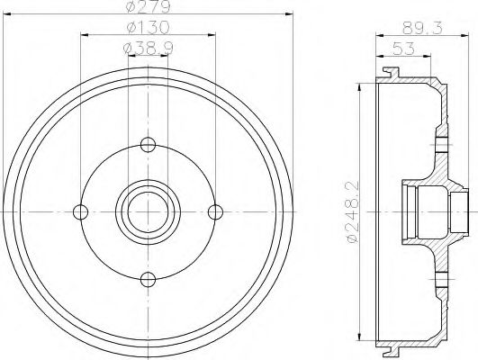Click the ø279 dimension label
pyautogui.click(x=148, y=8)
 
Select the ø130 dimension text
pyautogui.click(x=148, y=28)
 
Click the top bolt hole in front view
pyautogui.click(x=148, y=144)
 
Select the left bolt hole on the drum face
pyautogui.click(x=81, y=211)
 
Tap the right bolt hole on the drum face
pyautogui.click(x=215, y=211)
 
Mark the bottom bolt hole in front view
pyautogui.click(x=148, y=278)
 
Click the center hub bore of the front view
pyautogui.click(x=148, y=211)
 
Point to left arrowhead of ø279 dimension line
pyautogui.click(x=8, y=14)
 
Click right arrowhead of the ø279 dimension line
pyautogui.click(x=289, y=14)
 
